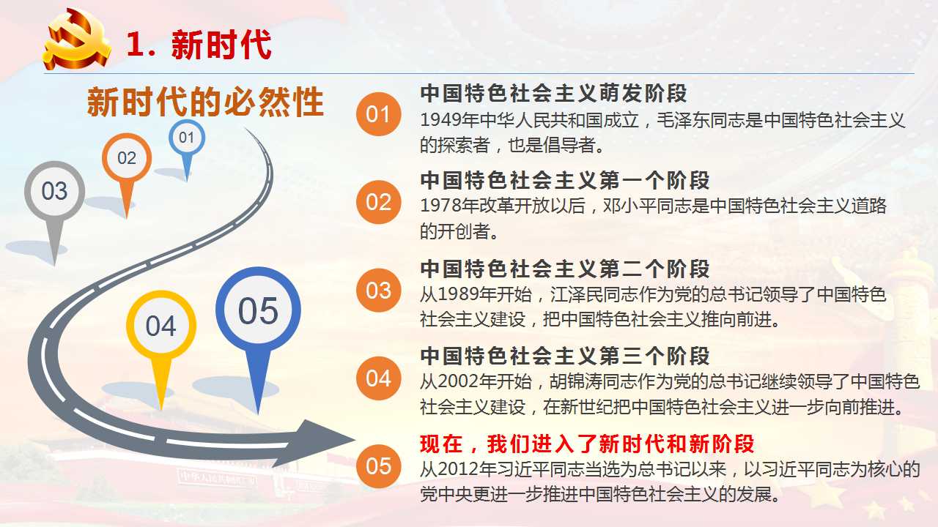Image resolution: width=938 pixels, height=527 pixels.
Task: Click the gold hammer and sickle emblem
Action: click(77, 40)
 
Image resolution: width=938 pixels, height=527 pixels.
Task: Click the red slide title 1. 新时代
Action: click(199, 45)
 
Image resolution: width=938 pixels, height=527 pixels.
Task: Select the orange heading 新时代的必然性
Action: click(206, 102)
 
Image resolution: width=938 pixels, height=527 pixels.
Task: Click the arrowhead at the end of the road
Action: click(318, 443)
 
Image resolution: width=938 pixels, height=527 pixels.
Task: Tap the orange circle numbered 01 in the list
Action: click(379, 114)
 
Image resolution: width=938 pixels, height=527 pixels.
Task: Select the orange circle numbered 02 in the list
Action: click(379, 202)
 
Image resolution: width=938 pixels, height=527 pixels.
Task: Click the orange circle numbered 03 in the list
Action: click(379, 291)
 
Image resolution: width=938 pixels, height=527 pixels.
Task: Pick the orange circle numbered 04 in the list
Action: click(379, 378)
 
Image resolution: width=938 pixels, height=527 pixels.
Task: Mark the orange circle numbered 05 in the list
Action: click(379, 466)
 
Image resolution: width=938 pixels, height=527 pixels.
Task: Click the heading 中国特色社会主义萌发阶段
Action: click(553, 93)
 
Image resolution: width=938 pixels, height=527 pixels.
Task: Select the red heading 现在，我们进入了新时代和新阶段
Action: click(587, 444)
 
